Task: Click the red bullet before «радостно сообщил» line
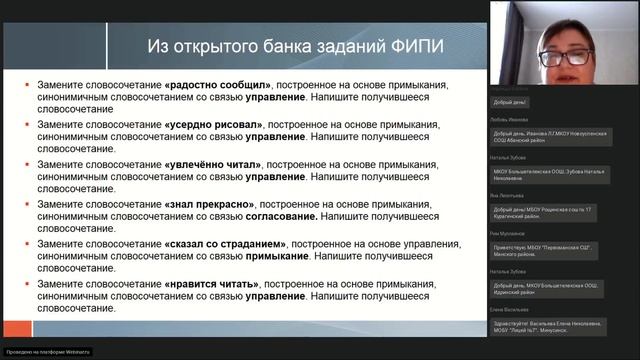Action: click(28, 85)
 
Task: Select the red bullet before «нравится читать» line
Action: click(28, 282)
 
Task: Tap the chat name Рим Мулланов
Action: click(508, 233)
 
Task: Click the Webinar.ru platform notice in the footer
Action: click(47, 351)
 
